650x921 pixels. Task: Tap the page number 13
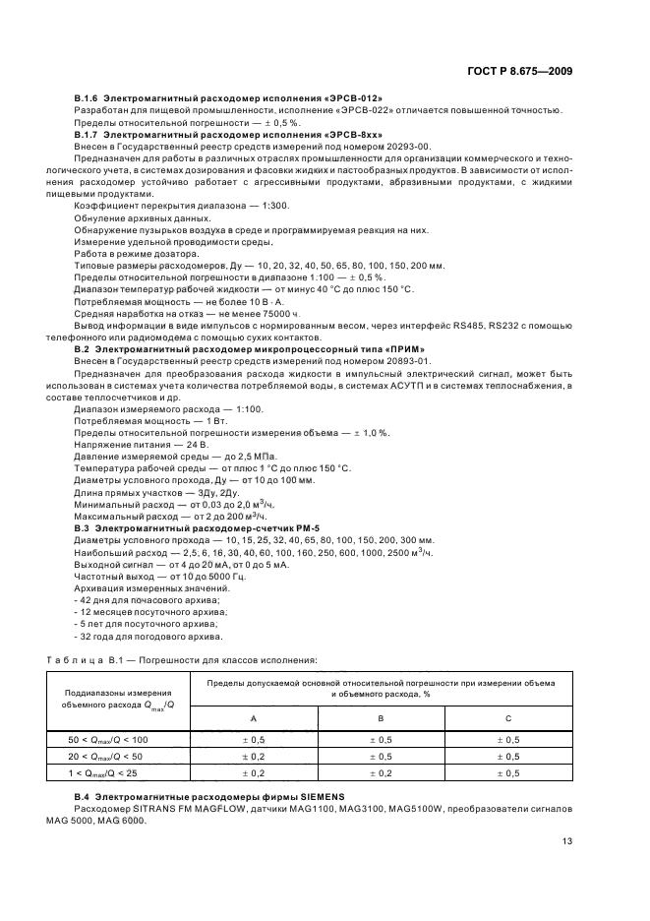(567, 840)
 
